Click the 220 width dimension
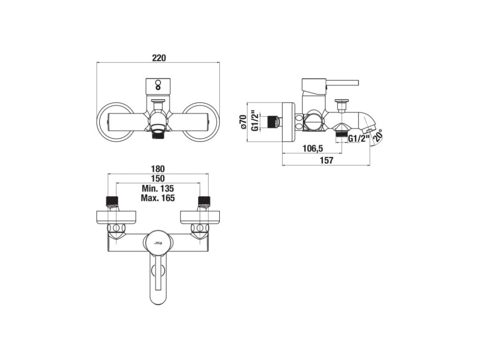coord(159,58)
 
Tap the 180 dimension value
coord(157,168)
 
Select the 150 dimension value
coord(157,179)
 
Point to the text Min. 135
coord(157,188)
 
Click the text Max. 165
coord(157,198)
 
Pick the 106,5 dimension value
coord(312,149)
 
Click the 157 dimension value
coord(326,160)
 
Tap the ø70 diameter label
coord(243,122)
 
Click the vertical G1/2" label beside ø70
coord(255,121)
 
